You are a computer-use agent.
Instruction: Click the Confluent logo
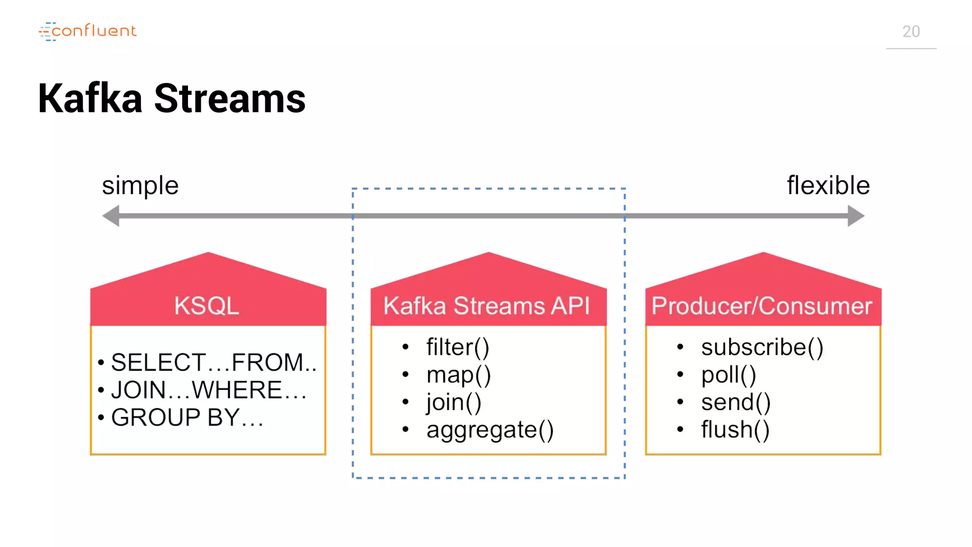point(88,31)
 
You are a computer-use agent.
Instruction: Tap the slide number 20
point(911,32)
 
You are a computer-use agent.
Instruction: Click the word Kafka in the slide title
point(90,99)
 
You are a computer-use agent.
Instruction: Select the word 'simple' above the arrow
point(140,186)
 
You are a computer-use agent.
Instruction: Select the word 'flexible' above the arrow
point(828,185)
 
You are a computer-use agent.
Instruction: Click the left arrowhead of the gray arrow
point(112,216)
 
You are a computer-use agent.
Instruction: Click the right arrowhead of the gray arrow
point(855,216)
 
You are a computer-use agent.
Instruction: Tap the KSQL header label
point(207,306)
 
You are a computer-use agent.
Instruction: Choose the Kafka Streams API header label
point(486,306)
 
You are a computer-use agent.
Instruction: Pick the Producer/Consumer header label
point(761,306)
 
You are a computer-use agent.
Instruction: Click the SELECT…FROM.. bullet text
point(214,363)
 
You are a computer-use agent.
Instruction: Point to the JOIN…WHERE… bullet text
point(209,390)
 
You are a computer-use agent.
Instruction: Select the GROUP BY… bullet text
point(187,418)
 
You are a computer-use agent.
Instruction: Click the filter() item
point(458,347)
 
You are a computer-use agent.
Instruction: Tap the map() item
point(458,375)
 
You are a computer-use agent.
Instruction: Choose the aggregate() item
point(490,430)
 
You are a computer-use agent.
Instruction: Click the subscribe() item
point(762,347)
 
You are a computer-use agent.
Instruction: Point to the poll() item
point(729,375)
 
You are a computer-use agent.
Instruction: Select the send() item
point(736,402)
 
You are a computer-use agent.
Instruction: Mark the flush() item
point(735,430)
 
